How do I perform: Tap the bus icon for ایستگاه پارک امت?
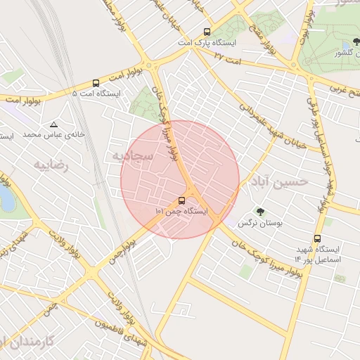click(x=207, y=32)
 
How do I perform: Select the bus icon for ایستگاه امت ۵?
click(x=96, y=82)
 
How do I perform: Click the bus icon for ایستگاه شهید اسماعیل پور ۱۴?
click(x=317, y=238)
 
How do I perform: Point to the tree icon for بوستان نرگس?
click(x=260, y=210)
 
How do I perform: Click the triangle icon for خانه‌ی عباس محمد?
click(x=53, y=124)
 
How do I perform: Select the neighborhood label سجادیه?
click(x=127, y=154)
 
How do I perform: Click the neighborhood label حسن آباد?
click(x=280, y=181)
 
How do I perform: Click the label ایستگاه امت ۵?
click(x=96, y=94)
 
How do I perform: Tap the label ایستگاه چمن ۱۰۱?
click(x=182, y=210)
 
